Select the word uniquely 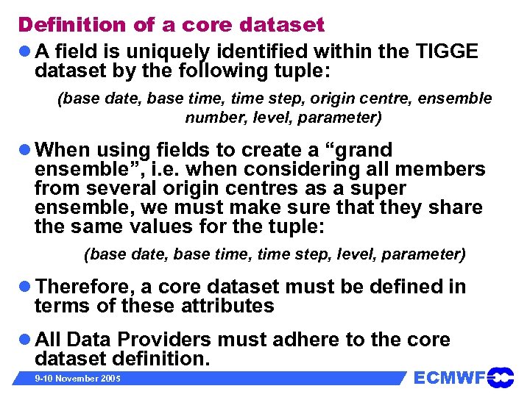[168, 52]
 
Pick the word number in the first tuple [214, 117]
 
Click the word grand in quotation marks [361, 150]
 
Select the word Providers [158, 340]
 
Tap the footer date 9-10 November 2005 [69, 379]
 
